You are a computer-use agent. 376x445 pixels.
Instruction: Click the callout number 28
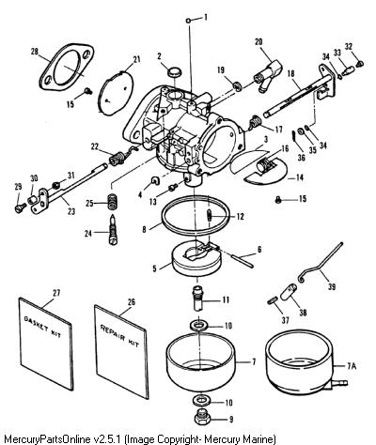point(34,52)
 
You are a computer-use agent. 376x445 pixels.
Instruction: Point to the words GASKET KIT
point(42,327)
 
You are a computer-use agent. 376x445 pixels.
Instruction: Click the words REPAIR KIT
point(119,335)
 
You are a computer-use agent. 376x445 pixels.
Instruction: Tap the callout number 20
point(258,42)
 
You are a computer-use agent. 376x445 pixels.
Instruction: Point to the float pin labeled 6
point(243,260)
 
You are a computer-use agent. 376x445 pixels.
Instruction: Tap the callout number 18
point(290,73)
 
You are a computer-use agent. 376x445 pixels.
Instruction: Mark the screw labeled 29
point(21,207)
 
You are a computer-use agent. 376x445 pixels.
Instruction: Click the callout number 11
point(226,299)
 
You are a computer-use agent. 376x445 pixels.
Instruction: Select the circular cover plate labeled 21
point(116,91)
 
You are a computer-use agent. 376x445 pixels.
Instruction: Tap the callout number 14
point(300,177)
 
